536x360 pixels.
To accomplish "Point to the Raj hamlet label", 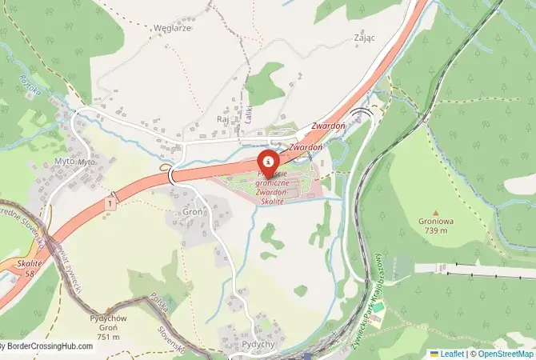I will click(223, 118).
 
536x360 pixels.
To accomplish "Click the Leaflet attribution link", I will click(452, 354).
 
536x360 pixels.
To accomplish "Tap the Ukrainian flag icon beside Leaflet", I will click(434, 354).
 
